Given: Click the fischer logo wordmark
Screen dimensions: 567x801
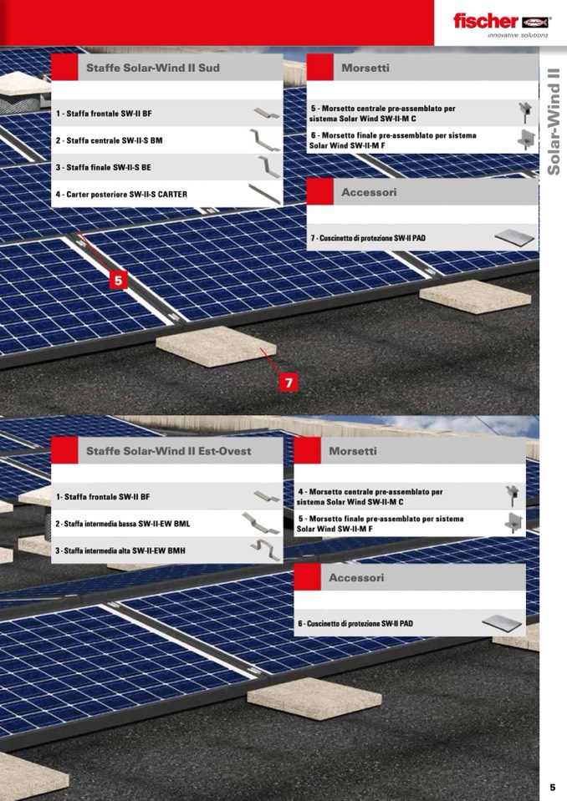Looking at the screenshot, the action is [486, 21].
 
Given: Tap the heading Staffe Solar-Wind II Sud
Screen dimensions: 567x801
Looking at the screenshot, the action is [153, 68].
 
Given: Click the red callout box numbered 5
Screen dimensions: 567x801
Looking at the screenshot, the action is [119, 280].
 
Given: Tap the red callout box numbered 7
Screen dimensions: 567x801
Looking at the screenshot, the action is [289, 382].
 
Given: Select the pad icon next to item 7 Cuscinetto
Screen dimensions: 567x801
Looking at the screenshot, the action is [514, 237].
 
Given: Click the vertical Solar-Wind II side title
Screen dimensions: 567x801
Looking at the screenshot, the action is [554, 122].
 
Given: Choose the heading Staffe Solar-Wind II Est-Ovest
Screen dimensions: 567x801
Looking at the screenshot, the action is [169, 451].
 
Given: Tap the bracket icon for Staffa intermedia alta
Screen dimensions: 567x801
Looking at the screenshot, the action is [266, 550].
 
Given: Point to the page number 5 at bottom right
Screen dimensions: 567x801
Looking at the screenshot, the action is [552, 787].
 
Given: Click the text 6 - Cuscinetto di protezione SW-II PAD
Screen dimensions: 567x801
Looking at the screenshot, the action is [355, 623].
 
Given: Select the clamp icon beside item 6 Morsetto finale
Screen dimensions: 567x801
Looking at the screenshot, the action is [525, 139].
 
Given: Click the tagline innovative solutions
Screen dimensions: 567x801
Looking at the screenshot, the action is [518, 35].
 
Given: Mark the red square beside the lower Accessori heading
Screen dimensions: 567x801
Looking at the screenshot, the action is [307, 577].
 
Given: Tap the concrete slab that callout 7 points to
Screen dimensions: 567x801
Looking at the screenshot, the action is [217, 346].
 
